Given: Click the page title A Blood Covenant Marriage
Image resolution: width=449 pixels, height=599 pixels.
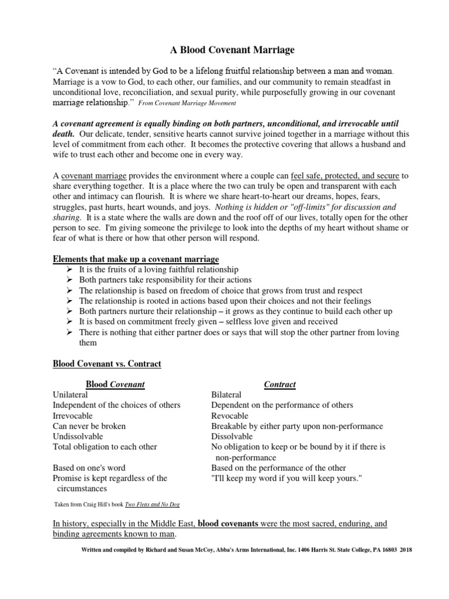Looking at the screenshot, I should (x=224, y=50).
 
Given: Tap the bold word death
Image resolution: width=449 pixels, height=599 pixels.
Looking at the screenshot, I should (x=64, y=134).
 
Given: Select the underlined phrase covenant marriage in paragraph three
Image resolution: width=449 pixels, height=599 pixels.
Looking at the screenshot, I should (x=94, y=176).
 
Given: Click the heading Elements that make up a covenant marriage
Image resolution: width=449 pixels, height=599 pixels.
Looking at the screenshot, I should (x=136, y=259).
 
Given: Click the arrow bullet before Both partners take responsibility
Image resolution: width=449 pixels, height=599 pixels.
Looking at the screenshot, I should (x=68, y=280).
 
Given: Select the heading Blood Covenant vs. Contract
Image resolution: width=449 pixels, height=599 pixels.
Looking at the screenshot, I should (x=107, y=364).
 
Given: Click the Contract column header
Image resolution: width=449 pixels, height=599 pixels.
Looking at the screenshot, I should (x=280, y=385).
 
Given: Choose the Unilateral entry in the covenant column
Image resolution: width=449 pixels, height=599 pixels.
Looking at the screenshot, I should (x=72, y=395).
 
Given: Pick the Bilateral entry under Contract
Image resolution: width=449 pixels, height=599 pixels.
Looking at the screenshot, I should (x=226, y=395).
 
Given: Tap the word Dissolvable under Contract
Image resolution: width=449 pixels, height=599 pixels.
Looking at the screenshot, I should (x=232, y=437).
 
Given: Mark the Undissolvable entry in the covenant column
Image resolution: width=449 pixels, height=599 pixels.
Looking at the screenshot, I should (x=78, y=437).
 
